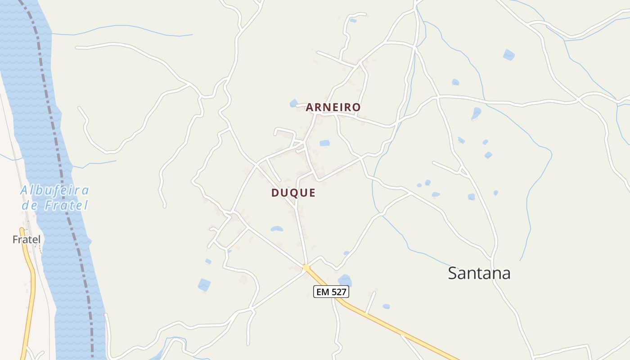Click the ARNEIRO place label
333,107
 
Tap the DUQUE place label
293,193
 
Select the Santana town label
479,273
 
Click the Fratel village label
27,240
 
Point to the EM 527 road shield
331,292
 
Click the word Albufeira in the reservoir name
54,191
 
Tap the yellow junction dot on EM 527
306,268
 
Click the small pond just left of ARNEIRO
293,103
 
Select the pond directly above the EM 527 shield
345,280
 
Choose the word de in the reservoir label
30,206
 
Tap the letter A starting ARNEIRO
310,107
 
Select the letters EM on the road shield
323,292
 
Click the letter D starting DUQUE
275,193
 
